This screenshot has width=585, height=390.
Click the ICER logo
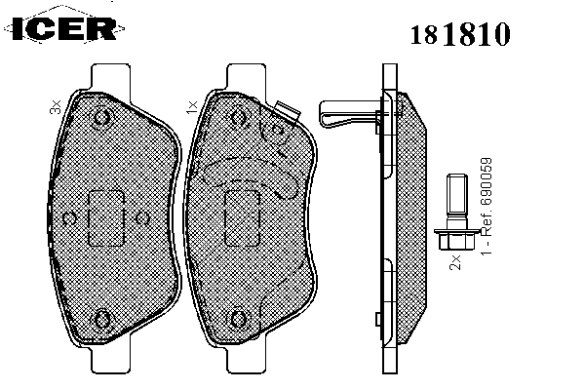pyautogui.click(x=64, y=28)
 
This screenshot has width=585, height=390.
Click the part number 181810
pyautogui.click(x=460, y=34)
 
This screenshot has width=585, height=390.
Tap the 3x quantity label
pyautogui.click(x=56, y=106)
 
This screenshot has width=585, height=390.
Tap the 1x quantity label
pyautogui.click(x=192, y=106)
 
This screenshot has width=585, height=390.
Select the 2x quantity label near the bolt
pyautogui.click(x=455, y=262)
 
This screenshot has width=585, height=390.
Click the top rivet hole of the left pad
pyautogui.click(x=101, y=118)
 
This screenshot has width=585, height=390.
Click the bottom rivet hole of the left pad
pyautogui.click(x=101, y=320)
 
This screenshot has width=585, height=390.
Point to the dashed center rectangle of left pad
pyautogui.click(x=105, y=218)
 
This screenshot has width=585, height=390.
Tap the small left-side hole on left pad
pyautogui.click(x=69, y=218)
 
